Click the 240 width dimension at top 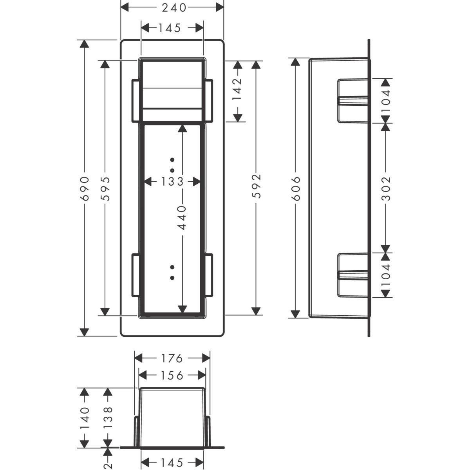pos(174,8)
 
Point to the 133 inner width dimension pos(172,182)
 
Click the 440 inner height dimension pos(182,217)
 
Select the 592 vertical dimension pos(256,186)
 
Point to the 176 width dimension pos(172,358)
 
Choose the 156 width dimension pos(172,376)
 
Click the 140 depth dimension pos(85,418)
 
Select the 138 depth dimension pos(108,418)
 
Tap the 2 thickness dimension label pos(107,465)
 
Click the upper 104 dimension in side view pos(386,101)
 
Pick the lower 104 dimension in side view pos(386,275)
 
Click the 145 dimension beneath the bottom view pos(172,462)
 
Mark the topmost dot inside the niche pos(172,160)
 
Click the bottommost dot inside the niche pos(172,278)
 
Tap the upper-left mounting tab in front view pos(136,101)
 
